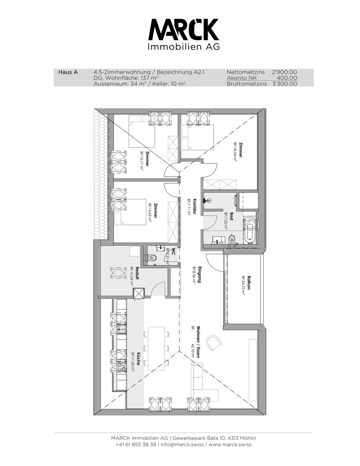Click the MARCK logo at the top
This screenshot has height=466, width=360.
click(184, 34)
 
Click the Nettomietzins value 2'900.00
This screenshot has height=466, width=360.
click(284, 72)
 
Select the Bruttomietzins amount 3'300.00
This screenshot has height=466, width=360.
click(285, 84)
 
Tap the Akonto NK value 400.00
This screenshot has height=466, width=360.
click(287, 78)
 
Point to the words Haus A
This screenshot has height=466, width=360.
click(68, 72)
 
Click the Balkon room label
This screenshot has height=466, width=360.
click(249, 283)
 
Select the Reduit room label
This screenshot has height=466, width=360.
click(137, 273)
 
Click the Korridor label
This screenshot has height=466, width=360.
click(195, 206)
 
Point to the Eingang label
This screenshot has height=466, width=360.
click(200, 275)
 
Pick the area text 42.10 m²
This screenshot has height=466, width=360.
click(193, 351)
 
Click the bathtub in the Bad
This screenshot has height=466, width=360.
click(250, 230)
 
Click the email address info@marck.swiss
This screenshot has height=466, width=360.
click(182, 444)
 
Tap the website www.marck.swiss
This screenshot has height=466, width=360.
click(230, 444)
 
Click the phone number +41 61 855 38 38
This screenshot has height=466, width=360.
click(136, 444)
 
